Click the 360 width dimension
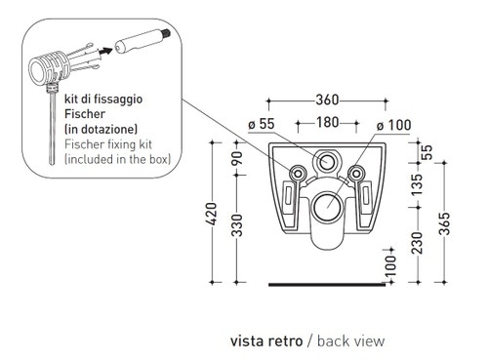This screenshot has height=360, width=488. tap(327, 100)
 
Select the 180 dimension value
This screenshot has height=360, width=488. tap(327, 122)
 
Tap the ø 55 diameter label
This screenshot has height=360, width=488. tap(262, 124)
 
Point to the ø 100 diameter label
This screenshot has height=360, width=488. tap(393, 125)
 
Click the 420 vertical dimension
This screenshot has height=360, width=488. tap(212, 214)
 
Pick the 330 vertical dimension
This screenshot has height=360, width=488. tap(237, 225)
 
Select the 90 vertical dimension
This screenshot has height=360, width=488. tap(237, 158)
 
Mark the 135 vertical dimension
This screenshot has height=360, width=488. tap(417, 184)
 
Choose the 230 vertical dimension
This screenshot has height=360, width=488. tap(417, 243)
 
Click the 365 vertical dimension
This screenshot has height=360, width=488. tap(444, 223)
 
